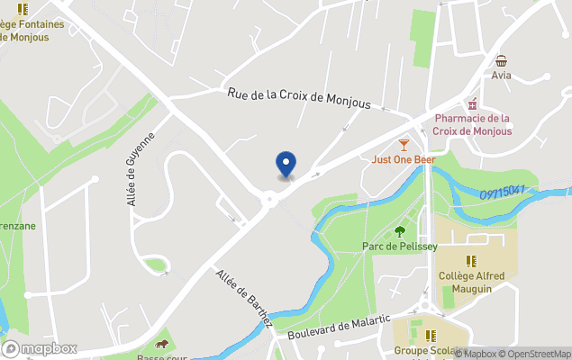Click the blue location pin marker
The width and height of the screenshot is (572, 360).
pos(286,165)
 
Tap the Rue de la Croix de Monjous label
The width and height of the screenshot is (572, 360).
pos(300,98)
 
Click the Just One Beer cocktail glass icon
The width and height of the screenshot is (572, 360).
pos(403,145)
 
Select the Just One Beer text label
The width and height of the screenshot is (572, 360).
pos(403,160)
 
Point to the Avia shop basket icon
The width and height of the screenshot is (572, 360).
pos(501,60)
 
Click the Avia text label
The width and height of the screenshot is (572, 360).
pos(501,76)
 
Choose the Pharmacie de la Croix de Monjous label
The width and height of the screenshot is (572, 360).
pos(471,124)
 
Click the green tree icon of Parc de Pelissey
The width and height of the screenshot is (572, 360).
pos(400,231)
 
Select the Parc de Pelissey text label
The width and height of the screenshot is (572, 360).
pos(400,246)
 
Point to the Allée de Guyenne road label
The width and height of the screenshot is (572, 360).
pos(141,168)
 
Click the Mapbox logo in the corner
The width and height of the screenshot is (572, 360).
pos(41,348)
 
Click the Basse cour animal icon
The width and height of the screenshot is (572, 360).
pos(162,345)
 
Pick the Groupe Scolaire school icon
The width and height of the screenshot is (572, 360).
pos(416,336)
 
